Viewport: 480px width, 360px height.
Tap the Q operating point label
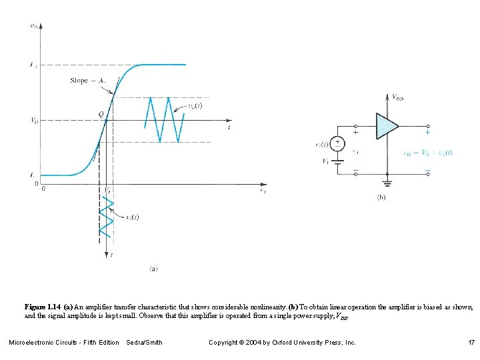pyautogui.click(x=101, y=114)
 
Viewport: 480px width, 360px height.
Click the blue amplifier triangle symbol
pyautogui.click(x=387, y=126)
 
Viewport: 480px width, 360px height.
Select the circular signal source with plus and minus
pyautogui.click(x=338, y=143)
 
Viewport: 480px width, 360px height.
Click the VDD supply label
pyautogui.click(x=398, y=97)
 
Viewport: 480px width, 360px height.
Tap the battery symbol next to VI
pyautogui.click(x=338, y=160)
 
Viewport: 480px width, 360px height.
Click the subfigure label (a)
pyautogui.click(x=153, y=269)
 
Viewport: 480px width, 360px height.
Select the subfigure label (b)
pyautogui.click(x=382, y=197)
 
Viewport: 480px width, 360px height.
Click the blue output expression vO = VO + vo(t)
pyautogui.click(x=427, y=152)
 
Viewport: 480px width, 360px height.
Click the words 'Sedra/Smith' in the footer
pyautogui.click(x=144, y=342)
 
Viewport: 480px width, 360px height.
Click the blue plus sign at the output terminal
pyautogui.click(x=427, y=132)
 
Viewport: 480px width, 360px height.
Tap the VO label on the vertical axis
pyautogui.click(x=33, y=121)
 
